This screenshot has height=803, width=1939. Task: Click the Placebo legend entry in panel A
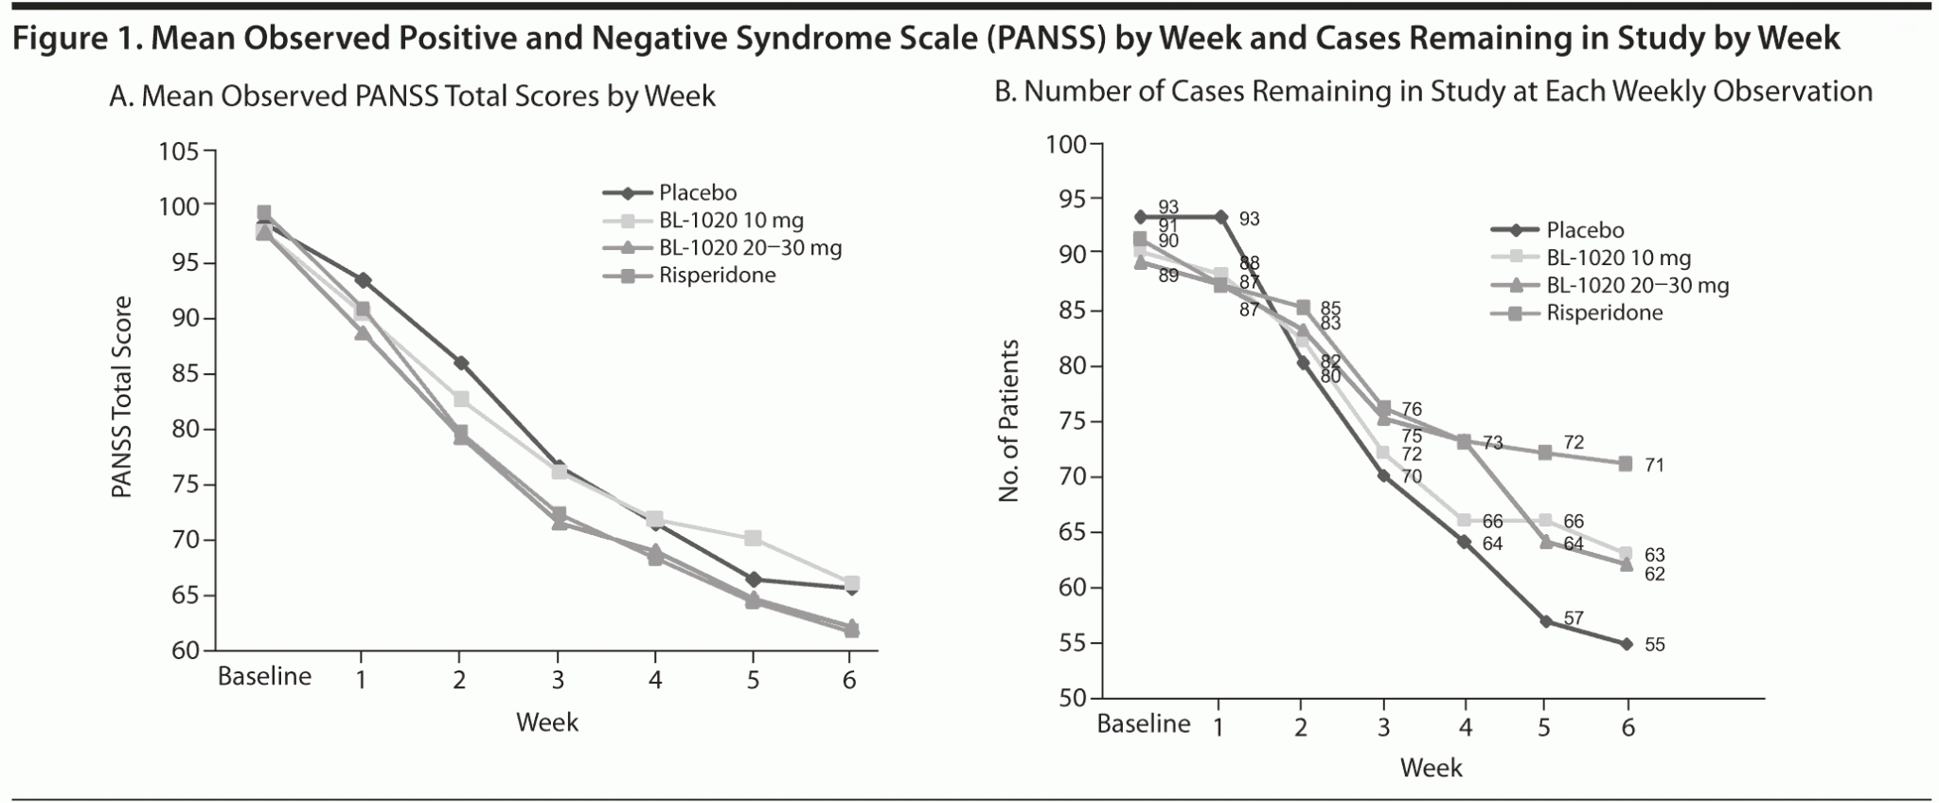click(698, 193)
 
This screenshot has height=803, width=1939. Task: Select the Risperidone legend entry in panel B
click(1604, 312)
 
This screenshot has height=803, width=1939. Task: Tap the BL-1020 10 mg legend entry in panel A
click(731, 221)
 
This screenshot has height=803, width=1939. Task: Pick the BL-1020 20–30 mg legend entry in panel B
click(1637, 285)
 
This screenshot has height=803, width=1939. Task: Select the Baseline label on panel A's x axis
click(264, 677)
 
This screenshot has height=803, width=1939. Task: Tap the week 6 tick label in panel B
click(1628, 727)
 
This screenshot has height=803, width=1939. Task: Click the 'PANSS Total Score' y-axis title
click(122, 398)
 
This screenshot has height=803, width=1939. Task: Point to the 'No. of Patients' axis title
click(1009, 420)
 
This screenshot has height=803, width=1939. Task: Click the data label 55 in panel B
click(1654, 645)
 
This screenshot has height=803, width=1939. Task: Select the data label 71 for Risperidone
click(1654, 465)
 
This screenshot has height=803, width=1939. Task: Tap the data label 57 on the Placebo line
click(1574, 618)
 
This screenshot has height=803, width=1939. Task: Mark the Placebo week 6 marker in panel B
click(1627, 644)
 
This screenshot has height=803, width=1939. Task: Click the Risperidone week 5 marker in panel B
click(1545, 453)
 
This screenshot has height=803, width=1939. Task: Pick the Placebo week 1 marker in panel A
click(362, 280)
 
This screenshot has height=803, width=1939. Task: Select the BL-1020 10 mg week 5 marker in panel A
click(753, 538)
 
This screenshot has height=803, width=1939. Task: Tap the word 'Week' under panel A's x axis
click(546, 723)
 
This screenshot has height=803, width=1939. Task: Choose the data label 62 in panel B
click(1654, 574)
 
